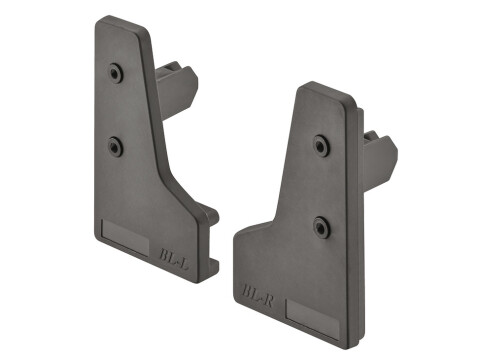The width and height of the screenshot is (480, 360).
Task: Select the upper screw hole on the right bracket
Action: point(322,144)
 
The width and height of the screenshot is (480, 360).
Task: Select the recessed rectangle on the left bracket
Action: point(128,240)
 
